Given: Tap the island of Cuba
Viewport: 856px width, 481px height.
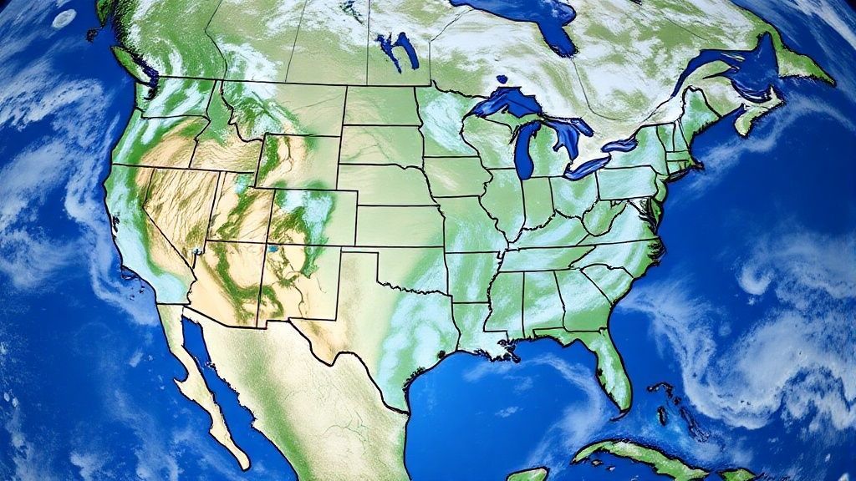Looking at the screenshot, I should [635, 459].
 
